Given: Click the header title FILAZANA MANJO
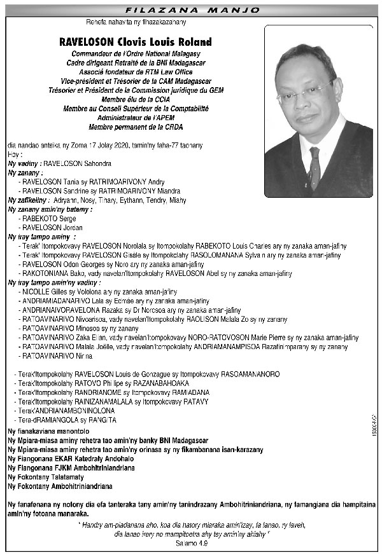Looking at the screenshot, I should coord(190,11).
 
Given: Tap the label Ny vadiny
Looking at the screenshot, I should coord(24,163).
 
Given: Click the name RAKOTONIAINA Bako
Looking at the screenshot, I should coord(52,273).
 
